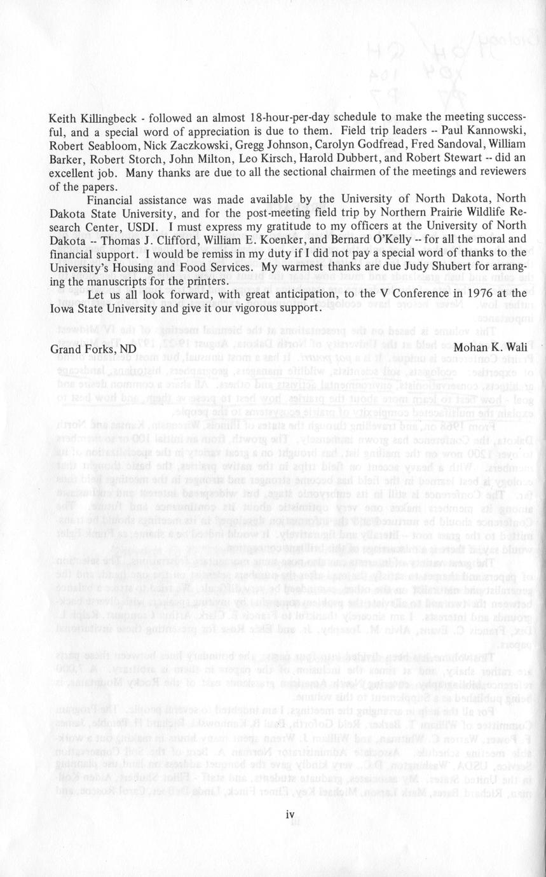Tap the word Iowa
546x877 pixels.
tap(62, 308)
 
